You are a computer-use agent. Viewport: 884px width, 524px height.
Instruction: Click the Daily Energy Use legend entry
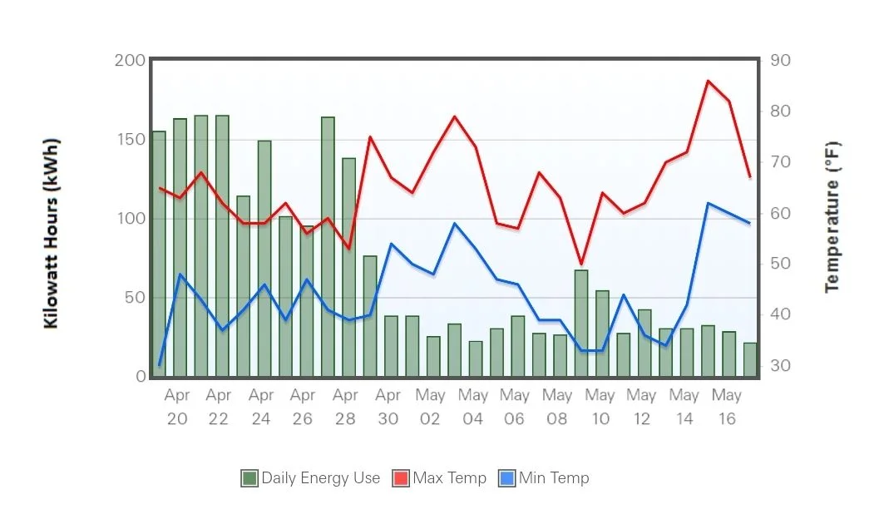click(x=310, y=478)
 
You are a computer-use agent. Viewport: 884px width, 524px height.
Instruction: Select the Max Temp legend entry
click(x=439, y=478)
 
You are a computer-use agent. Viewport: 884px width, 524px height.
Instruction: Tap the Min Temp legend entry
click(x=544, y=478)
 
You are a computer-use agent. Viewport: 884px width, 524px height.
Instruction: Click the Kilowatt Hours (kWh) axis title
click(x=52, y=234)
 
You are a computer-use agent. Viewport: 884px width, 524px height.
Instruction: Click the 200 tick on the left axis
click(x=130, y=61)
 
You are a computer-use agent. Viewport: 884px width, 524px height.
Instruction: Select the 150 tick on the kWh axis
click(x=130, y=139)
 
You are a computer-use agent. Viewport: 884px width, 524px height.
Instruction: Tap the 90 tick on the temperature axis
click(x=781, y=61)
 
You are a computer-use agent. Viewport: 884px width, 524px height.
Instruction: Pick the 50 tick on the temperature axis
click(x=781, y=264)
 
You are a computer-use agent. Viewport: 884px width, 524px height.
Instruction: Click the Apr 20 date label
click(x=177, y=407)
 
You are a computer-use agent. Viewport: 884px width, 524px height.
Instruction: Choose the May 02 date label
click(x=430, y=407)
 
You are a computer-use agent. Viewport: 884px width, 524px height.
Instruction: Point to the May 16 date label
click(x=727, y=407)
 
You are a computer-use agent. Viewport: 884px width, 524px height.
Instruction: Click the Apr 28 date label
click(x=345, y=407)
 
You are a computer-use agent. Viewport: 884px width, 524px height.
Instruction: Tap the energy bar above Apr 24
click(x=264, y=258)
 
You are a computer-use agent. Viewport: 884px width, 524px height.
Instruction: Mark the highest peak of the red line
click(x=708, y=81)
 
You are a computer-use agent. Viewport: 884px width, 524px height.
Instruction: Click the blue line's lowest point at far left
click(x=159, y=365)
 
